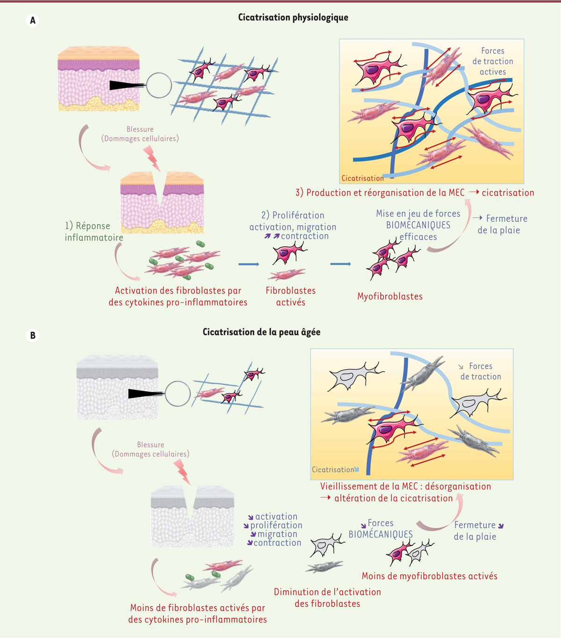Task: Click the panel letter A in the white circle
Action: coord(32,21)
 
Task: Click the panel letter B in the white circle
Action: coord(32,335)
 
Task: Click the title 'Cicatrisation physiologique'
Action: coord(293,17)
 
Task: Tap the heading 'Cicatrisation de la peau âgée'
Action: coord(261,332)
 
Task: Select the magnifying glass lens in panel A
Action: coord(159,86)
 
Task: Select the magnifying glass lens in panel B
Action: coord(178,394)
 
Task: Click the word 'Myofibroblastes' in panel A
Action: coord(389,296)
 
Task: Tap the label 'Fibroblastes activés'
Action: coord(290,296)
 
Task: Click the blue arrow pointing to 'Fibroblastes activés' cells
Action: coord(249,265)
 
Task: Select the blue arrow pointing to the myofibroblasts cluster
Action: coord(340,264)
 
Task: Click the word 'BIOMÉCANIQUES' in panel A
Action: coord(418,225)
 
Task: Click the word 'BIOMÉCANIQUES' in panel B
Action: coord(381,534)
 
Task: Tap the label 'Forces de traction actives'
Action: coord(493,61)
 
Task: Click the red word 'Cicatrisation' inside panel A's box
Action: coord(362,178)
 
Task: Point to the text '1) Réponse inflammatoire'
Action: coord(94,231)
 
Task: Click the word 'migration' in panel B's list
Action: coord(277,534)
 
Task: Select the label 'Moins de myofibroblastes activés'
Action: coord(429,576)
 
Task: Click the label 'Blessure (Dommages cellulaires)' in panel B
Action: coord(151,449)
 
